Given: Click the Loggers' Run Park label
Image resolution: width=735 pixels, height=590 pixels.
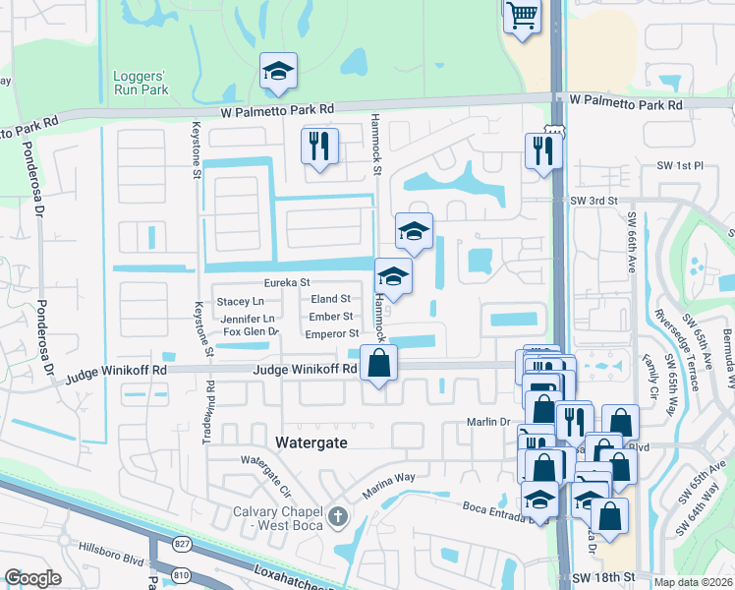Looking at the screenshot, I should point(141,82).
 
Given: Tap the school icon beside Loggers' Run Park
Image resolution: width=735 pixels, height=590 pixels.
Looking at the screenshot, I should point(278,71).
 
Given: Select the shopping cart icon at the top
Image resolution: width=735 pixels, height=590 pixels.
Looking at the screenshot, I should point(523,15).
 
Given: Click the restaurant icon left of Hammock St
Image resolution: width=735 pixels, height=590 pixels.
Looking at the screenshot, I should point(319,147).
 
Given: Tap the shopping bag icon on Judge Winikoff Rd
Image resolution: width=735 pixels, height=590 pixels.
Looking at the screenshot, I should point(378,364).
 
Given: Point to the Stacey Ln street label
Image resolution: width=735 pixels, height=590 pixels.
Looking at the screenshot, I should point(241,301).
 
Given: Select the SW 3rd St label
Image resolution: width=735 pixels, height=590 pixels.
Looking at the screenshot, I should point(593,200).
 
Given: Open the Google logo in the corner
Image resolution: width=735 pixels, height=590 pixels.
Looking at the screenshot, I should point(33,578).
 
